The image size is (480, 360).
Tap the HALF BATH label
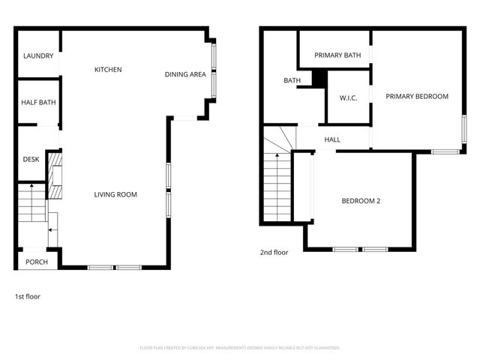coord(37,103)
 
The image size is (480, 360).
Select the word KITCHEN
coord(108,70)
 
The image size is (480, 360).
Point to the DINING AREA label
coord(185,74)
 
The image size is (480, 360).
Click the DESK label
coord(31,159)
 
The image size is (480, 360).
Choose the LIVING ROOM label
coord(115,195)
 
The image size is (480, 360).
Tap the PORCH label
coord(36,262)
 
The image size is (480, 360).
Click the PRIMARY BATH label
coord(337,55)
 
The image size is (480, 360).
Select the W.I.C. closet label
coord(348,97)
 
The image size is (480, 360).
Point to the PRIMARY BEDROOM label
coord(417,96)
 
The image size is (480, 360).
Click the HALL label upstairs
coord(332,139)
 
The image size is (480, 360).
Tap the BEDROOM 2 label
coord(361,200)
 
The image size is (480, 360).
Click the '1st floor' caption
coord(28,297)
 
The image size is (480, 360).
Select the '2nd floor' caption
coord(274,253)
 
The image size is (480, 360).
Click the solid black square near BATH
coord(319,77)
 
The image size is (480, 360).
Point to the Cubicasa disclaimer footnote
coord(240,348)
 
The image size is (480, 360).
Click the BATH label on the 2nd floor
coord(292,81)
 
